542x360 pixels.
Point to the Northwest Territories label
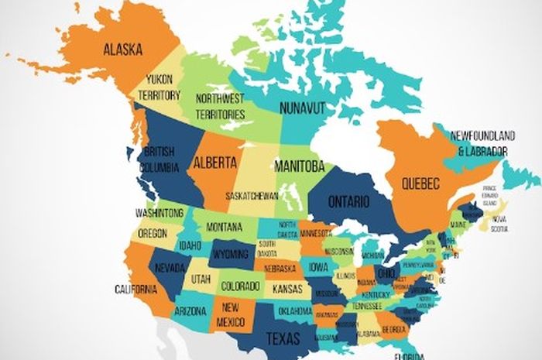[220, 107]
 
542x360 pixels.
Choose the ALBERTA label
[214, 163]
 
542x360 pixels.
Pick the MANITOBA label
[299, 166]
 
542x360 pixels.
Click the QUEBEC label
[420, 183]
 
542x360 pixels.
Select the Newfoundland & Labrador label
[479, 142]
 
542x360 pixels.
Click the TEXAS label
[283, 338]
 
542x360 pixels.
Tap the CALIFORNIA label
[136, 290]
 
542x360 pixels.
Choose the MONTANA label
[225, 227]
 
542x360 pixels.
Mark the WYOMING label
[230, 253]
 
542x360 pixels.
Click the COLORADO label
[241, 286]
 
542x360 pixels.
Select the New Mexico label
[229, 314]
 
